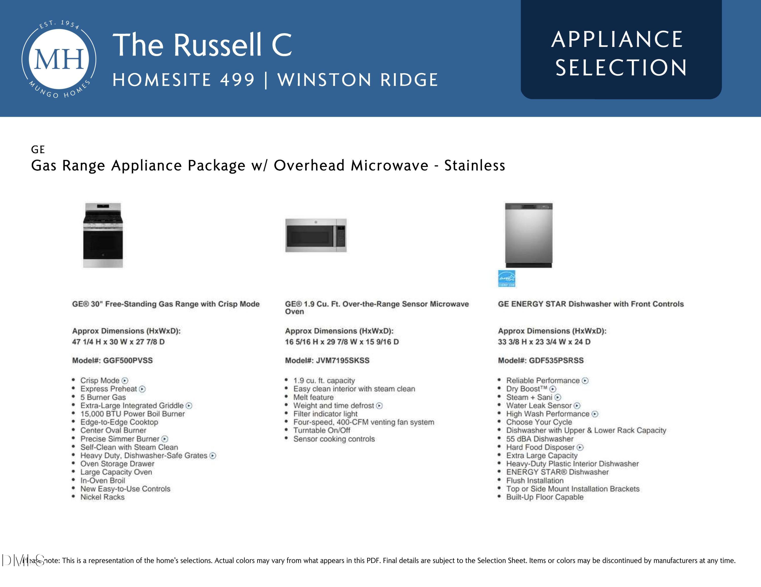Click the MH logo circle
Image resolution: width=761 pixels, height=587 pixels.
(59, 59)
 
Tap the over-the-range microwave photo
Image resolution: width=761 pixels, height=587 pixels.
(316, 235)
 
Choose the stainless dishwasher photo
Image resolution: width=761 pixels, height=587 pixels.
(529, 235)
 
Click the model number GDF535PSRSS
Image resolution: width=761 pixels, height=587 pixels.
(556, 360)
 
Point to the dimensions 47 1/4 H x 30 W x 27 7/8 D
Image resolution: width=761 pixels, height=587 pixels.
(118, 342)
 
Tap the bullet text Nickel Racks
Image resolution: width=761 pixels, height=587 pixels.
(102, 497)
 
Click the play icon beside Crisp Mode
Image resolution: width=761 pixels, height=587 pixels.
(125, 381)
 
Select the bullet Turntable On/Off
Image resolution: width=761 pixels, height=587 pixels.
(322, 430)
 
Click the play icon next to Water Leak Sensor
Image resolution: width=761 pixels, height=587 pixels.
(577, 406)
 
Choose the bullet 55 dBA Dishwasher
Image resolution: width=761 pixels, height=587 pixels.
(540, 439)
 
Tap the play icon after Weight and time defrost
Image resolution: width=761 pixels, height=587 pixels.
(379, 406)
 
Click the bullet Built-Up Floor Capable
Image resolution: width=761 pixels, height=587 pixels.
(545, 497)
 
